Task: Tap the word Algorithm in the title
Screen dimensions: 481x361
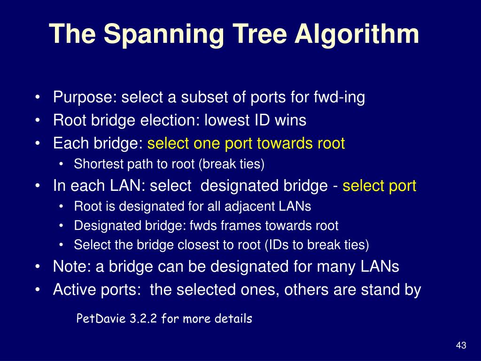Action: tap(357, 34)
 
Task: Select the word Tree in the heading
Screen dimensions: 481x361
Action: tap(256, 34)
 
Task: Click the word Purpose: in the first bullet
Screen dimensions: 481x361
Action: tap(85, 98)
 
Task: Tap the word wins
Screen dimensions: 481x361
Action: tap(290, 121)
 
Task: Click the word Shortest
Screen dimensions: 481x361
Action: tap(93, 165)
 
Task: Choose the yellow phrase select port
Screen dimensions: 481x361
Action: tap(380, 186)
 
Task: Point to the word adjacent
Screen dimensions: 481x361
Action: tap(250, 206)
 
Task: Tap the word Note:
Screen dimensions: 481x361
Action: tap(72, 267)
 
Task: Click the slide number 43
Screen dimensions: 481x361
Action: tap(461, 346)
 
